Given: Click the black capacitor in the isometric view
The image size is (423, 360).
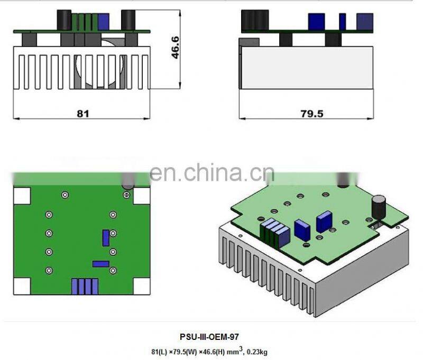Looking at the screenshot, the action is (x=379, y=206).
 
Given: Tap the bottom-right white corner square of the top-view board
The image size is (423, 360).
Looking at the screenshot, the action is (x=142, y=286).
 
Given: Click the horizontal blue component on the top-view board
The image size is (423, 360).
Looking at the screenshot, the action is (x=100, y=263).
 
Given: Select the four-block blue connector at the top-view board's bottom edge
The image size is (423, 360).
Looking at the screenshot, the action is (x=85, y=286).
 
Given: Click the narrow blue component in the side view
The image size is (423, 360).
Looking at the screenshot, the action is (x=343, y=21).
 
